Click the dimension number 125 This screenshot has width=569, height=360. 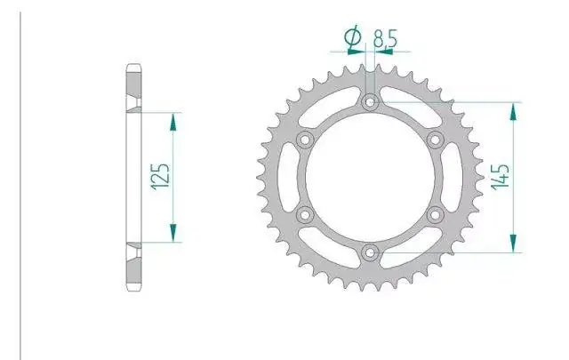[160, 177]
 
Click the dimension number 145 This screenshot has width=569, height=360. [500, 177]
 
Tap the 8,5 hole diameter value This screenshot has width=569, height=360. [385, 38]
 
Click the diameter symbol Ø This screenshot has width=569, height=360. [353, 37]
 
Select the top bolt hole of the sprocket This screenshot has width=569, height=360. [370, 102]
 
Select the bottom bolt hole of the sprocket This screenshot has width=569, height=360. [370, 252]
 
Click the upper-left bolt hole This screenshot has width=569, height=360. [305, 140]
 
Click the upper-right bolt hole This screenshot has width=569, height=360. [435, 140]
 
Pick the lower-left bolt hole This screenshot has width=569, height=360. [305, 215]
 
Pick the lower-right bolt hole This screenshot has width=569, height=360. [435, 215]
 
